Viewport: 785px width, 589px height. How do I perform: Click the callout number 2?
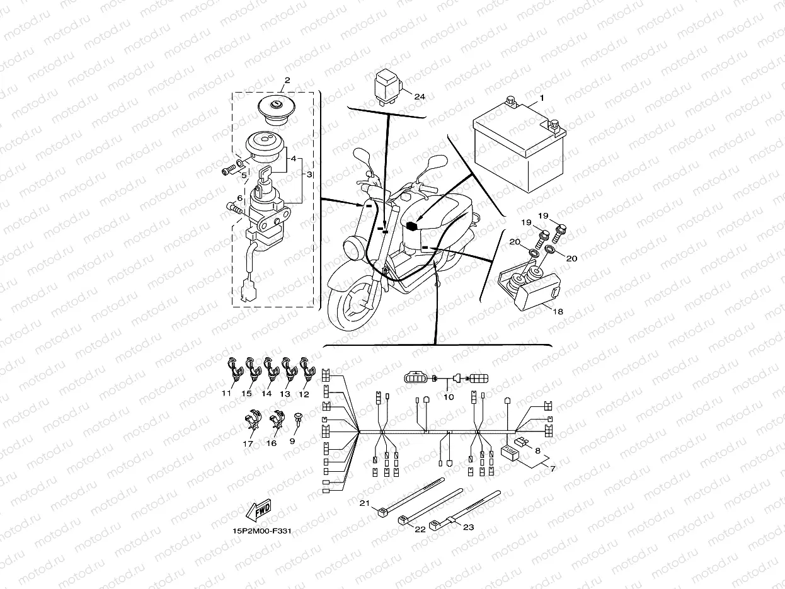(x=287, y=81)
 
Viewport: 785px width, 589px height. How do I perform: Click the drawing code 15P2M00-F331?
(x=262, y=530)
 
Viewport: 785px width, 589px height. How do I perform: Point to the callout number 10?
(x=449, y=397)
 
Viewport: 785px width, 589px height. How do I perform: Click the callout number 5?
(x=244, y=175)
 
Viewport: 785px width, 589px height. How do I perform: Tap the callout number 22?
(x=420, y=529)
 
